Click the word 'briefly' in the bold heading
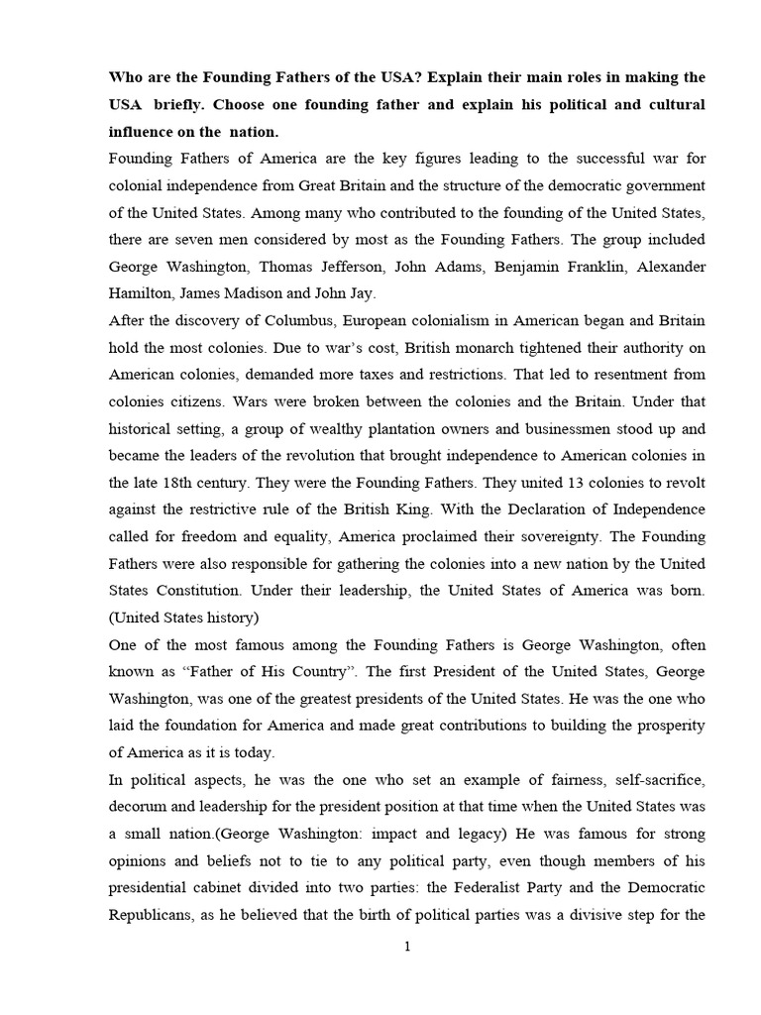pos(177,104)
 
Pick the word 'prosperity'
pos(664,725)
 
